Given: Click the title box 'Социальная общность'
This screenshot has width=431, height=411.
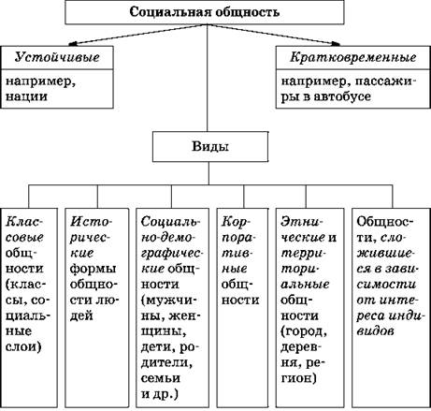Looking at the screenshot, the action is (205, 12).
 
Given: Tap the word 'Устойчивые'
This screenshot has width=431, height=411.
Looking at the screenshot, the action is (57, 58).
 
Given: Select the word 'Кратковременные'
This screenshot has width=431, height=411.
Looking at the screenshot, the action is (353, 57).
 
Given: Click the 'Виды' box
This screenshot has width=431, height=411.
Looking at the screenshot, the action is (210, 146).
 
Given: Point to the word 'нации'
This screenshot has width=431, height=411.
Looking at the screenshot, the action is (26, 96).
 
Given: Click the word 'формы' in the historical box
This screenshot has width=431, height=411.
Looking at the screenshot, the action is (93, 270).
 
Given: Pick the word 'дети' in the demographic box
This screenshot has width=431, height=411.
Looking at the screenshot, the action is (158, 347).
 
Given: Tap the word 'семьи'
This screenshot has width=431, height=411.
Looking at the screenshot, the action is (161, 378).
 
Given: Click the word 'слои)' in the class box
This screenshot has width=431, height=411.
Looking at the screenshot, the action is (23, 346).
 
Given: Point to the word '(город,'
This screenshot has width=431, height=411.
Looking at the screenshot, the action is (304, 331).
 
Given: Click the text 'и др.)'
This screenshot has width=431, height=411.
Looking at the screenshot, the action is (160, 394).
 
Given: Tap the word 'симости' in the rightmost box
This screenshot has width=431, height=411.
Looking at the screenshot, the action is (386, 285).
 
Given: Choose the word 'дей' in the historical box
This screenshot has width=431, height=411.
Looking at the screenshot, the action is (81, 316).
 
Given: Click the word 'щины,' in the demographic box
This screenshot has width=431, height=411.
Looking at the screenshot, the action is (164, 331).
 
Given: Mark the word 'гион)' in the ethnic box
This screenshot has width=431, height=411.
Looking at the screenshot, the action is (298, 378).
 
